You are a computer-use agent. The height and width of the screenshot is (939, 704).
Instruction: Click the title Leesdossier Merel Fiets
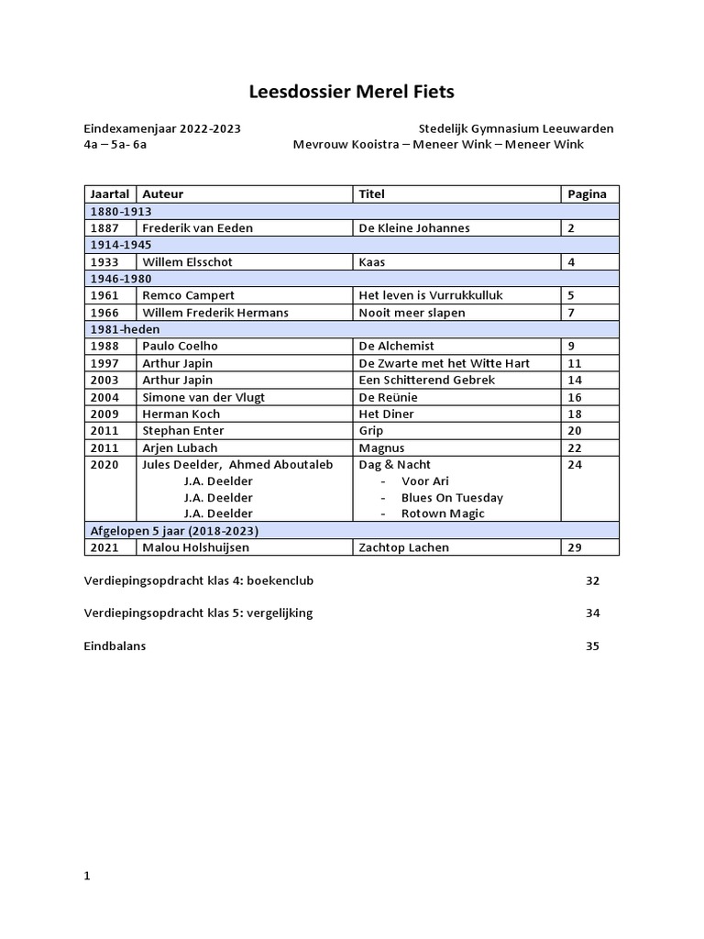[x=351, y=92]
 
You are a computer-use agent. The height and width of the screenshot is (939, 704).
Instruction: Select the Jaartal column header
[x=110, y=194]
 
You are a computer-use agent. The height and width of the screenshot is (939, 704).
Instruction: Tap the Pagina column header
[x=587, y=194]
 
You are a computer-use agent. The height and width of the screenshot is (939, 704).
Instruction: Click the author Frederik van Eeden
[x=197, y=228]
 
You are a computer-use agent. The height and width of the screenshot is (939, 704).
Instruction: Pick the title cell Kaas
[x=371, y=262]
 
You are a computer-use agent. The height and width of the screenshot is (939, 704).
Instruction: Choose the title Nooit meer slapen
[x=412, y=313]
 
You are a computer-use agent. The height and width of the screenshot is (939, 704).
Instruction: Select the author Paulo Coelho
[x=180, y=346]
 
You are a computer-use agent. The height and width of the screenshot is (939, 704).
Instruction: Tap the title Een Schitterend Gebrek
[x=426, y=380]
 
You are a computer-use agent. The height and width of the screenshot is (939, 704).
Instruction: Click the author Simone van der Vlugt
[x=203, y=397]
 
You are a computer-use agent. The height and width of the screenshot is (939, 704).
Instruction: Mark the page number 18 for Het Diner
[x=575, y=414]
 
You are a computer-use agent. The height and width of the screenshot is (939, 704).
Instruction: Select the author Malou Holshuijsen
[x=195, y=547]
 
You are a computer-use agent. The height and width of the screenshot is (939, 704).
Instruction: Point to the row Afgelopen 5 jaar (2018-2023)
[x=173, y=531]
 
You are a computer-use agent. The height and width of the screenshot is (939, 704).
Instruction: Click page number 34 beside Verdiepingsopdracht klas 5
[x=592, y=613]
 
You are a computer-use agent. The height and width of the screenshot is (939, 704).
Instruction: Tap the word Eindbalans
[x=115, y=646]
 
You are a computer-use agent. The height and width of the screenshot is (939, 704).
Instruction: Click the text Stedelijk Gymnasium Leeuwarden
[x=516, y=128]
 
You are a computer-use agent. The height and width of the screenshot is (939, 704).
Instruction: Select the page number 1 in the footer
[x=87, y=876]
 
